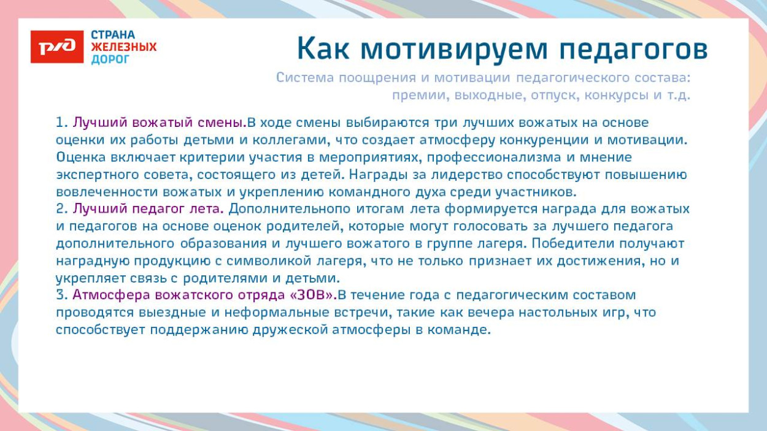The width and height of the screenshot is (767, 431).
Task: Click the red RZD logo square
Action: [x=57, y=47]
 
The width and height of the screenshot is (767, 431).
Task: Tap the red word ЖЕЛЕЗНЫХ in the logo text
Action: [x=124, y=47]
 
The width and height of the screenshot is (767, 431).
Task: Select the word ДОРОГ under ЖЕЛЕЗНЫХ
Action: [x=110, y=59]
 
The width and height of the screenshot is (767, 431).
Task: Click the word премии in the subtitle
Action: [x=415, y=96]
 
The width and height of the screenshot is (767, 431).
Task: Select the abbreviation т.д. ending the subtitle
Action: [x=678, y=96]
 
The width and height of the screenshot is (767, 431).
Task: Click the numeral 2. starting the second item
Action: [x=61, y=209]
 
